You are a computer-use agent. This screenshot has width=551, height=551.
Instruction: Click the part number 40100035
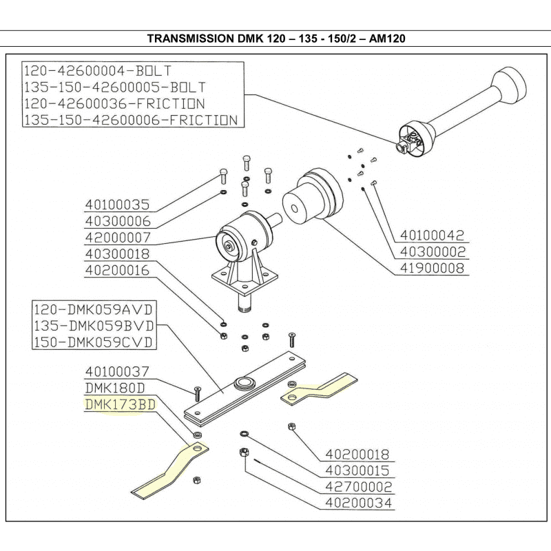(x=117, y=205)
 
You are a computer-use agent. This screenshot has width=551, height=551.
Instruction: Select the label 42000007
(x=117, y=238)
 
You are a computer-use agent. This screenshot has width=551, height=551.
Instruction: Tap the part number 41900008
(x=433, y=268)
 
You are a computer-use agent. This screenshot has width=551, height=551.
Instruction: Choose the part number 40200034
(x=358, y=504)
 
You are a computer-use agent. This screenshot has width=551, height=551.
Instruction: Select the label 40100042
(x=433, y=235)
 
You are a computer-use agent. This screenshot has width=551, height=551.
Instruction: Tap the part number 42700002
(x=358, y=488)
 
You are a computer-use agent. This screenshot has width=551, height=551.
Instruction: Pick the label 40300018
(x=117, y=255)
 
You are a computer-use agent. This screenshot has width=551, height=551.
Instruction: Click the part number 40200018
(x=358, y=455)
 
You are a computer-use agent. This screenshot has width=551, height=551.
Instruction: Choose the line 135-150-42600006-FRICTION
(x=131, y=119)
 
